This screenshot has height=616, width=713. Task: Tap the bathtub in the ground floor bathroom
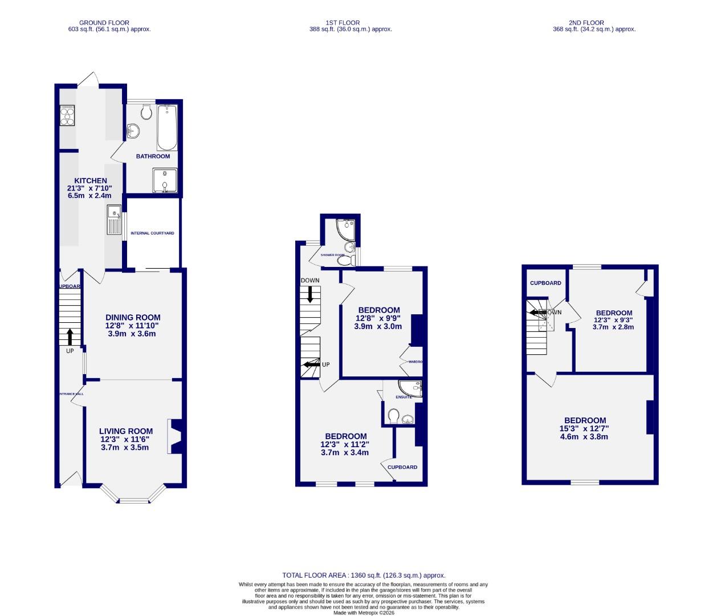168,127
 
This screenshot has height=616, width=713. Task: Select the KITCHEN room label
91,181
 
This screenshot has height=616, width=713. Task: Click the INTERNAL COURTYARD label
152,233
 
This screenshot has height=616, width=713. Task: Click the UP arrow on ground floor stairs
70,337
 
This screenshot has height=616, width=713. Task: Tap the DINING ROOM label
133,318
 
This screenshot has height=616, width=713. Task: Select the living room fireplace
174,436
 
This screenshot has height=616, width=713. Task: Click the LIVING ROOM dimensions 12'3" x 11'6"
126,440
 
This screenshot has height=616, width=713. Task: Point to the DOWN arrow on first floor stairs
310,294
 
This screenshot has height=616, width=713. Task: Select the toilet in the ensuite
393,416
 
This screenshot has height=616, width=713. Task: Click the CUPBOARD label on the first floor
402,467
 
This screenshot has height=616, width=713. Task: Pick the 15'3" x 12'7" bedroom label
585,429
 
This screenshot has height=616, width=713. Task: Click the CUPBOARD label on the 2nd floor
545,283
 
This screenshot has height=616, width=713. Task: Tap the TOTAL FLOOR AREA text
364,576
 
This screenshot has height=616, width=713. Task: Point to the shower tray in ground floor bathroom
164,180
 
